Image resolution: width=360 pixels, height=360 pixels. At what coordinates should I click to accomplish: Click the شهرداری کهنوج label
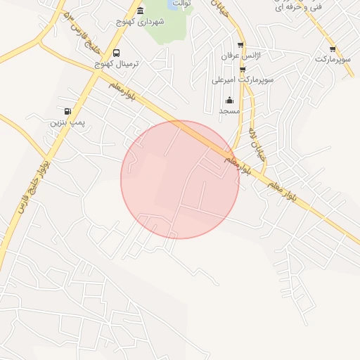tap(141, 22)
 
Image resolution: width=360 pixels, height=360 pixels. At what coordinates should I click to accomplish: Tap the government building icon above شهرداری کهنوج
tap(141, 11)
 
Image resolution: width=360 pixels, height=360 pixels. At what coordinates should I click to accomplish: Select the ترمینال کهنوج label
tap(117, 63)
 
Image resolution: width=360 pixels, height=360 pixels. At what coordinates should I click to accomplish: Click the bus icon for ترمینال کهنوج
tap(116, 53)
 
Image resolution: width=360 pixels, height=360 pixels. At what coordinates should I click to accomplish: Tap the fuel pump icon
tap(67, 110)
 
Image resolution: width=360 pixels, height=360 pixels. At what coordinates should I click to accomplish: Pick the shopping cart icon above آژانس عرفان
tap(241, 44)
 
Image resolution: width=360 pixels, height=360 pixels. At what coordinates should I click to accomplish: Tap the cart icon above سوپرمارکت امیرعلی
tap(243, 70)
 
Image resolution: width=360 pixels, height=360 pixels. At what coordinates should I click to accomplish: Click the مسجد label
tap(229, 111)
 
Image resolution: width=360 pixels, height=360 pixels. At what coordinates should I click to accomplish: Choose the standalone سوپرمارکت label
tap(332, 59)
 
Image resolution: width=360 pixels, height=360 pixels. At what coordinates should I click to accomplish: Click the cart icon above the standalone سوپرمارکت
tap(332, 49)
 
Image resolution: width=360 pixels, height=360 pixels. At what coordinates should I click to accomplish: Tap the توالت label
tap(182, 4)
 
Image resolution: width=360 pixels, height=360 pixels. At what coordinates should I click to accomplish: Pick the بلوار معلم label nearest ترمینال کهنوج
tap(122, 89)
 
